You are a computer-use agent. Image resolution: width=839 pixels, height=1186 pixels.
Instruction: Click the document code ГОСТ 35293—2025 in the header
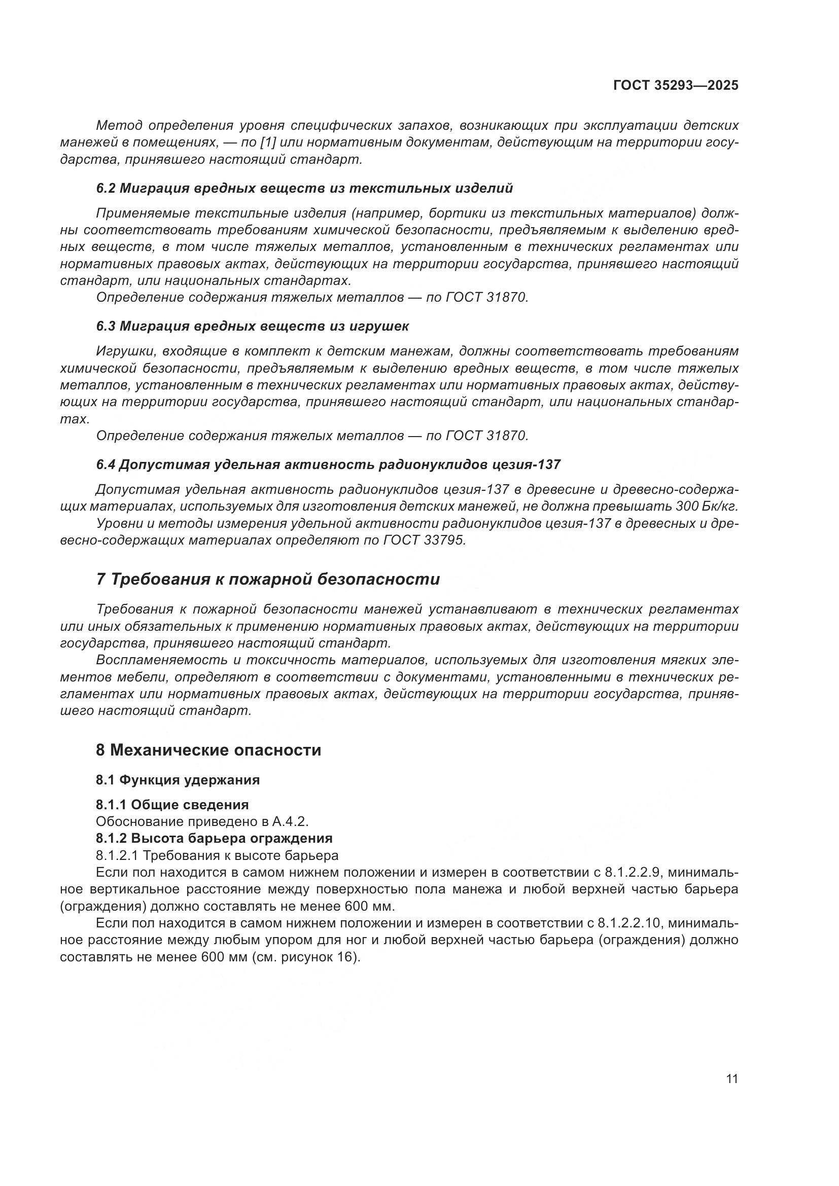(675, 85)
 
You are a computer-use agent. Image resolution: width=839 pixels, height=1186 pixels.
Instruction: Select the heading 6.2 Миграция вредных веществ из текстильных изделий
(304, 189)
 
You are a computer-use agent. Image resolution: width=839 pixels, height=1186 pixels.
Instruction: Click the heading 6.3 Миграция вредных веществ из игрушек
(252, 327)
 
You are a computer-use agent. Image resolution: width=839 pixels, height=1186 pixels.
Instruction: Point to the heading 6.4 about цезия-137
(328, 464)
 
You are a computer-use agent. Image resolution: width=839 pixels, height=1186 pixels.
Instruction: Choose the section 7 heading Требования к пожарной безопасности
(268, 579)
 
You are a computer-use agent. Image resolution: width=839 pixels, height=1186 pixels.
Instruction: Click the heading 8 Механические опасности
(208, 749)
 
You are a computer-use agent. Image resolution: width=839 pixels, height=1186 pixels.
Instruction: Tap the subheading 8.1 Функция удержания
(178, 779)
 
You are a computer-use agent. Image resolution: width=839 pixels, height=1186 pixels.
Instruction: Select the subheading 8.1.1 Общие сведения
(172, 804)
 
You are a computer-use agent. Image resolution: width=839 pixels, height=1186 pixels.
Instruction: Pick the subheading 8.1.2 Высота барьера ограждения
(214, 837)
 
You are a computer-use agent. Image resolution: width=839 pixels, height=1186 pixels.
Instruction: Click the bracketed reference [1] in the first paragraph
(270, 142)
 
